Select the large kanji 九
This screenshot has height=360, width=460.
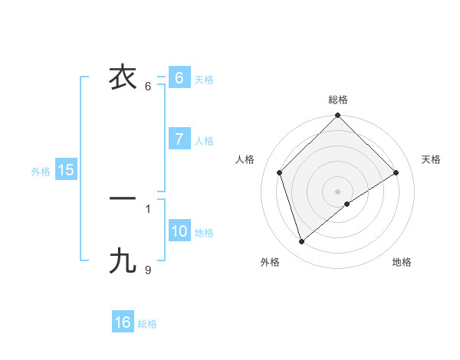click(123, 261)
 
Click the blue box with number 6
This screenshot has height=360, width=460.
click(179, 78)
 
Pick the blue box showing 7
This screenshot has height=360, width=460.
click(179, 139)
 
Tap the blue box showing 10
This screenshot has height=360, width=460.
click(179, 231)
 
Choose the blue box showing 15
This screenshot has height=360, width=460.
click(66, 170)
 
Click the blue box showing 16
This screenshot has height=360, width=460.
click(123, 322)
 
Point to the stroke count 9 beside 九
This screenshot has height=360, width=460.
click(148, 269)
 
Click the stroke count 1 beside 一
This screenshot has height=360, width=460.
click(148, 208)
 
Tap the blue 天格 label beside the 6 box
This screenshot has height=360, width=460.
click(204, 80)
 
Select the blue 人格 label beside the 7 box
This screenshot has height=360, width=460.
click(204, 141)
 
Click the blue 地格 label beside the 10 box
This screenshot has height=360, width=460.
click(204, 233)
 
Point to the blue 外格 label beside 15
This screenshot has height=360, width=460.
click(41, 172)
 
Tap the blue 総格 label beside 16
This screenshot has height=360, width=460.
click(147, 324)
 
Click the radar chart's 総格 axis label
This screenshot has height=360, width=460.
click(338, 100)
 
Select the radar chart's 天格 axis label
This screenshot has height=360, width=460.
click(432, 159)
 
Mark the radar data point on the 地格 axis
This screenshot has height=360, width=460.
click(347, 204)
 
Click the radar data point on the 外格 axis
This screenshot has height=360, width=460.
click(302, 241)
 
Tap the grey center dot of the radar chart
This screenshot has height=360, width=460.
click(338, 191)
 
